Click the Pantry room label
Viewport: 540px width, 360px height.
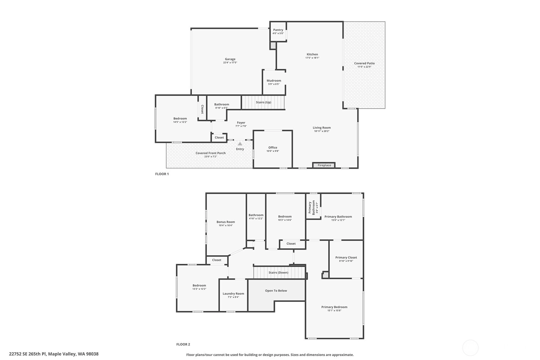pos(278,30)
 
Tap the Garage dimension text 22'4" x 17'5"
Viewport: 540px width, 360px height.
pos(230,62)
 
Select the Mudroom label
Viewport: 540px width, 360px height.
pos(274,81)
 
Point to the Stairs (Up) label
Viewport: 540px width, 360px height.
pos(263,102)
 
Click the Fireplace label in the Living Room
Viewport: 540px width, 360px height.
pos(324,165)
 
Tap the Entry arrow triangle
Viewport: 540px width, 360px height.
pos(240,144)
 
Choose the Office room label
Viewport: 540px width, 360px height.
pos(273,148)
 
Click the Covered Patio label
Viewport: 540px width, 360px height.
pos(364,63)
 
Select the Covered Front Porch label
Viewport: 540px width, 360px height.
pos(210,153)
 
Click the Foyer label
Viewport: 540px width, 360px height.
pos(241,123)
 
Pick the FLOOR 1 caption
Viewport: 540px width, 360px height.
pos(162,174)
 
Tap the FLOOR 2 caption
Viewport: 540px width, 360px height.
pos(183,344)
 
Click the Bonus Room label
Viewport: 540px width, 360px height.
pos(226,222)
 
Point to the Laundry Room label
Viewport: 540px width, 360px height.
pos(233,294)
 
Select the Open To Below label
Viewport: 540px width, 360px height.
pos(276,291)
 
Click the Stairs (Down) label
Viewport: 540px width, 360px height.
pos(278,272)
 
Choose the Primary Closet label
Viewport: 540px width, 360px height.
pos(346,258)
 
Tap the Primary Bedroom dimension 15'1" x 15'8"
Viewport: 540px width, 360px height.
pos(334,311)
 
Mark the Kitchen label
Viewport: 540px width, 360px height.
pos(312,54)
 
